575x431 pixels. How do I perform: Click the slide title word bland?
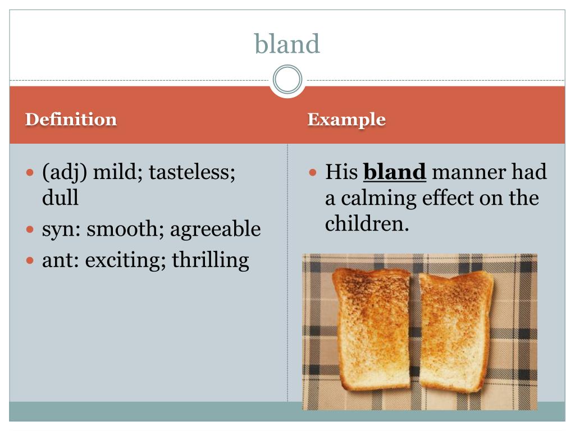[287, 44]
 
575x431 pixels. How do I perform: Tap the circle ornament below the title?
[287, 80]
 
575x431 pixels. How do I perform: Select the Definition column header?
[71, 120]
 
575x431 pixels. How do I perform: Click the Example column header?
[346, 120]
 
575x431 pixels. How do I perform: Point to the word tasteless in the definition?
[192, 172]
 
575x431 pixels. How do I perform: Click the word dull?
[60, 198]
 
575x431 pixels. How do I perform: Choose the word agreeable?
[216, 229]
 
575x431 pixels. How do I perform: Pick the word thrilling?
[211, 260]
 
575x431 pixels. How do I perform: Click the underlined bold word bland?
[395, 172]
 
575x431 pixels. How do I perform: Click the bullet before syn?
[30, 230]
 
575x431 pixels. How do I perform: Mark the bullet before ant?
[30, 260]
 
